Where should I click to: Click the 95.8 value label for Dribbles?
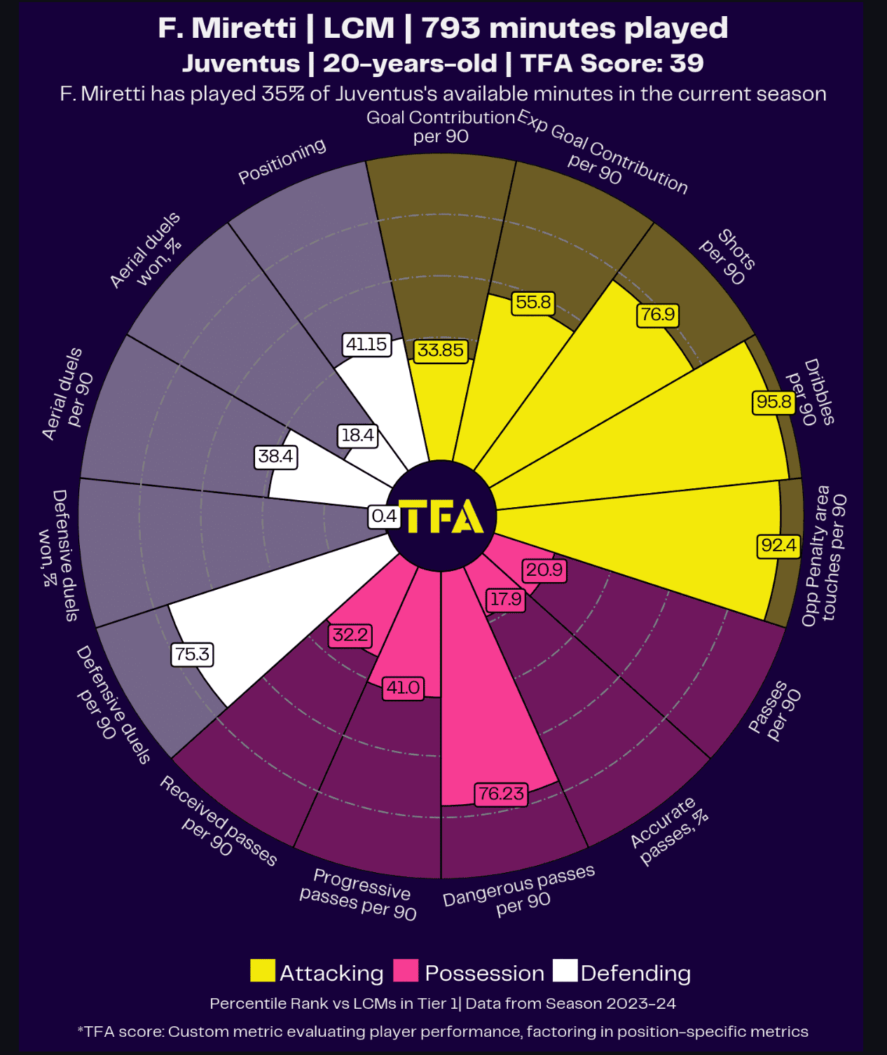coord(774,402)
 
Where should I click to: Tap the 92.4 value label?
coord(778,546)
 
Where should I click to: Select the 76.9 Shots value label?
coord(658,315)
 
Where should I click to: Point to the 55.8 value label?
coord(533,303)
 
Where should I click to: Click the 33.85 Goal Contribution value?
coord(441,350)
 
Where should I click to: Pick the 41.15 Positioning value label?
coord(366,344)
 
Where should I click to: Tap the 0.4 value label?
coord(384,517)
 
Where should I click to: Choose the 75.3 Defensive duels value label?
coord(192,655)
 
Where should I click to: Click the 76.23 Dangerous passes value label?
coord(501,794)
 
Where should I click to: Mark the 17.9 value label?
coord(505,600)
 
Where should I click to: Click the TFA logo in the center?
coord(441,516)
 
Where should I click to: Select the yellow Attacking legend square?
coord(263,971)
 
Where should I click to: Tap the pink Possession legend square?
coord(406,971)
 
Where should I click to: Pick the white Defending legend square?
coord(565,971)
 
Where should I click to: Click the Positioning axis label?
coord(282,161)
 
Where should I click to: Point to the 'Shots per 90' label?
coord(728,257)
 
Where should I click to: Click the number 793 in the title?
coord(451,28)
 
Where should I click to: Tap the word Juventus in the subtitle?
coord(241,64)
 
